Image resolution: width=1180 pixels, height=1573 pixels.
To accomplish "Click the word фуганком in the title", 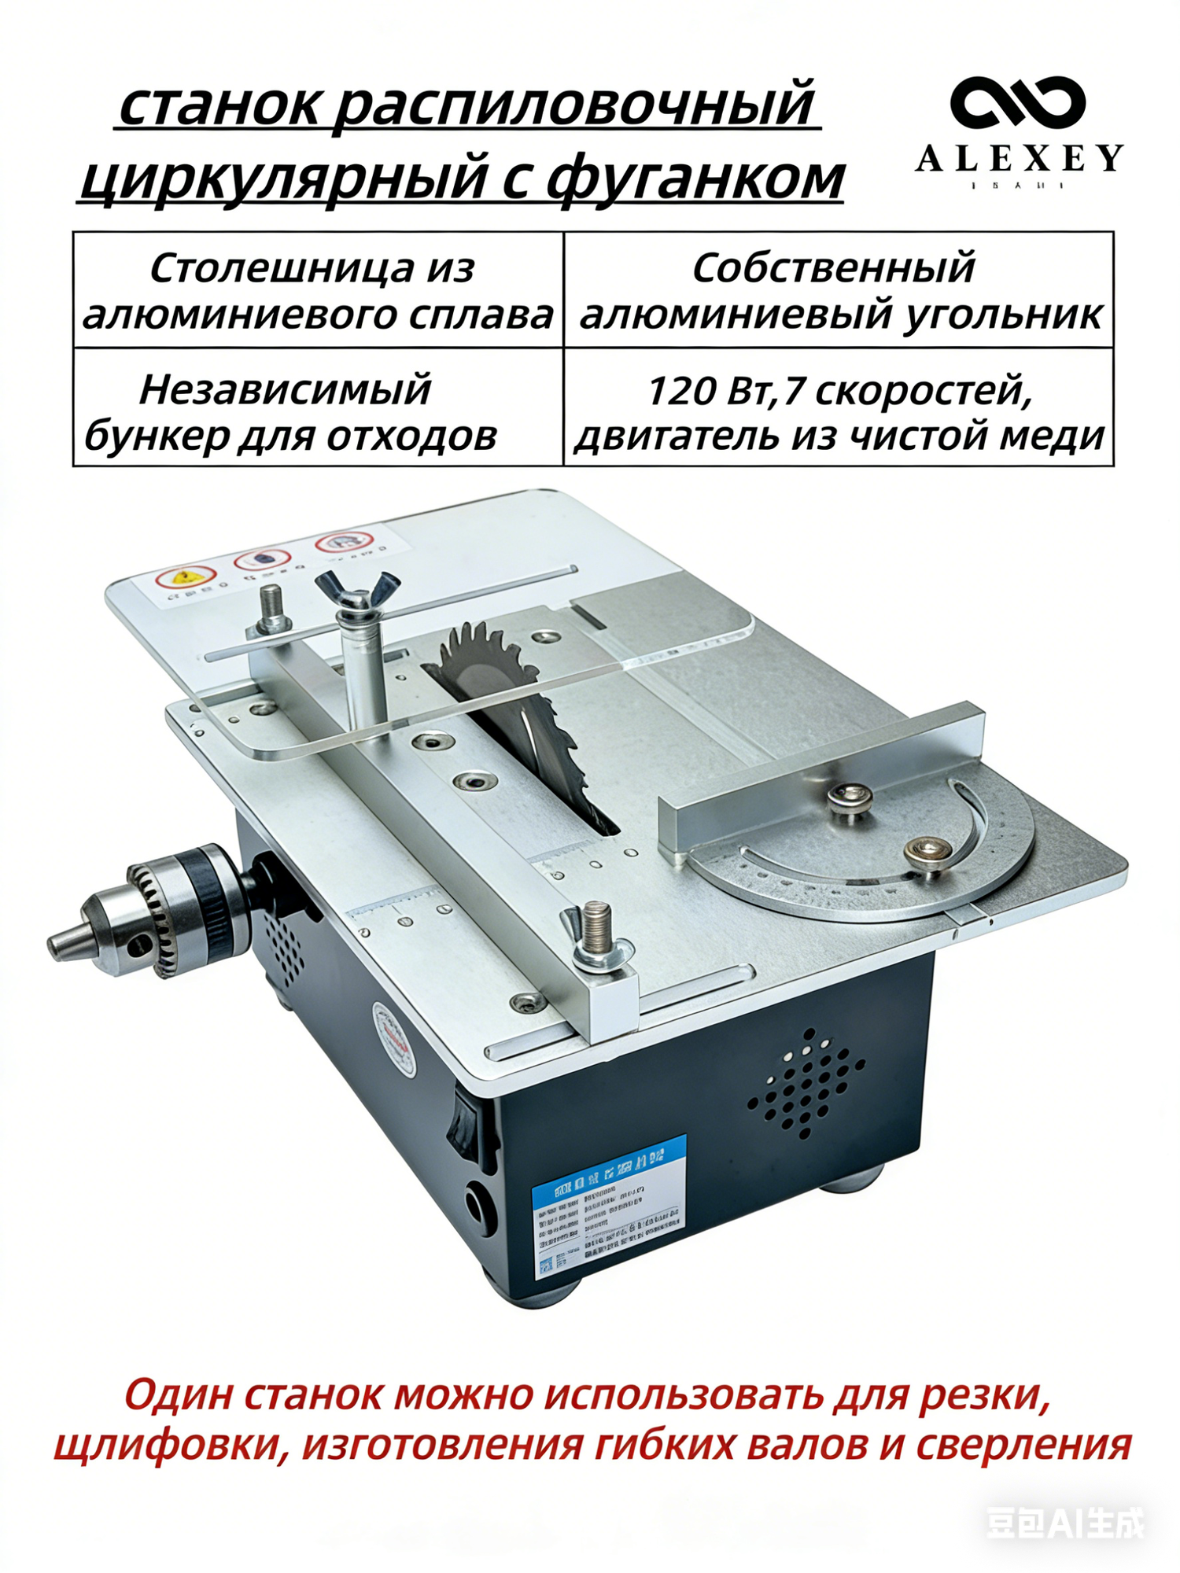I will (x=695, y=178).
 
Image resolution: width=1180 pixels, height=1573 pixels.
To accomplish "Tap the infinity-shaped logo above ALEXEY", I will (x=1018, y=104).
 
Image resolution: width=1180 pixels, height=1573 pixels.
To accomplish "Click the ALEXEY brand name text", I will (x=1020, y=159).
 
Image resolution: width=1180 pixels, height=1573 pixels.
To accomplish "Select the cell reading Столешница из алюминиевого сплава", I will (x=318, y=290).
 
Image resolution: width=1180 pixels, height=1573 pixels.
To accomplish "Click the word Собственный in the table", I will (x=833, y=268).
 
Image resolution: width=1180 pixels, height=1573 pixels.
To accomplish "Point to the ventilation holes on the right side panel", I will (x=806, y=1081).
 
